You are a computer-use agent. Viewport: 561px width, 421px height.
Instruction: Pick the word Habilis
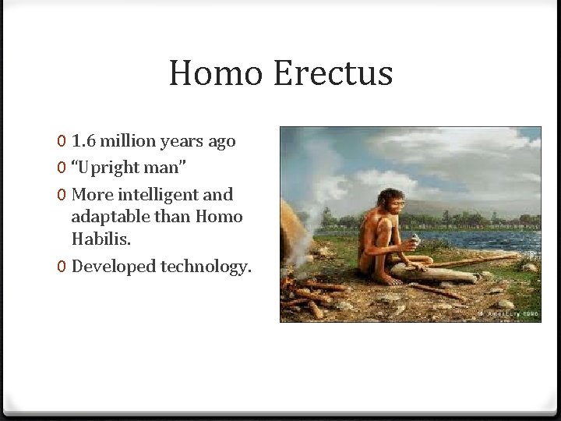(97, 239)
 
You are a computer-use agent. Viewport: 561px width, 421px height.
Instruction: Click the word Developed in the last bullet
(113, 267)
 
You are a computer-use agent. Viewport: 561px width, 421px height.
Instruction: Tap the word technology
(206, 267)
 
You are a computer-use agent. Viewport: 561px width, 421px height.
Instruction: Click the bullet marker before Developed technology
(62, 267)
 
